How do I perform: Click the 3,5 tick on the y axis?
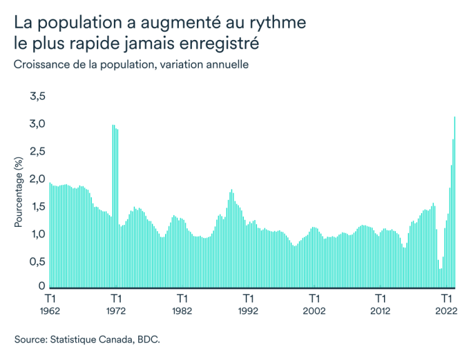pos(37,96)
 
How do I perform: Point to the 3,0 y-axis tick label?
pos(37,124)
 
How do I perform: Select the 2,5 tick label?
pos(37,151)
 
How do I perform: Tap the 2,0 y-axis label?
pos(37,179)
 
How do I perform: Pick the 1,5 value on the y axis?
pos(37,206)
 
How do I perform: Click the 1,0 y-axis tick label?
pos(37,234)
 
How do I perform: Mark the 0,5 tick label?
pos(37,261)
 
